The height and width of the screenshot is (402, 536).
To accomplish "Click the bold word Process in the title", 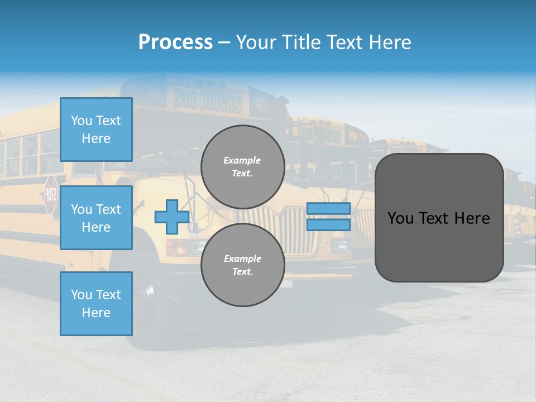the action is pos(175,42).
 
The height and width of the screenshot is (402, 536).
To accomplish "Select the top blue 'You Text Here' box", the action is pos(96,130).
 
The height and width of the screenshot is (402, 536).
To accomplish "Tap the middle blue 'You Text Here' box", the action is pos(96,218).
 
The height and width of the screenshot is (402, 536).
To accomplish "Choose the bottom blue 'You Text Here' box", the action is pos(96,304).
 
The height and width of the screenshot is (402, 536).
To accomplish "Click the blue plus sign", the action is pos(172,217).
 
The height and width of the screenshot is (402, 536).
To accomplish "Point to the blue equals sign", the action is pos(328,217).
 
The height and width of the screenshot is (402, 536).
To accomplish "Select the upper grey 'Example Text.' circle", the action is pos(242,166).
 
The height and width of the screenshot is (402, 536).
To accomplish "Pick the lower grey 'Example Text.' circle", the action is pos(242,265).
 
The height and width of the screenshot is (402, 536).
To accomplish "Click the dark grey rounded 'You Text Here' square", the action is pos(439,218).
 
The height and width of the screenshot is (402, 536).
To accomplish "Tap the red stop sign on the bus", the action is pos(51,194).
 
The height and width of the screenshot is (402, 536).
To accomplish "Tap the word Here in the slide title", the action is pos(389,42).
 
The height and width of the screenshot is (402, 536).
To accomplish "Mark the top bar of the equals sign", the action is pos(328,209).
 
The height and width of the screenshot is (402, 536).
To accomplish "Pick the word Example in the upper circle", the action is pos(242,160).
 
